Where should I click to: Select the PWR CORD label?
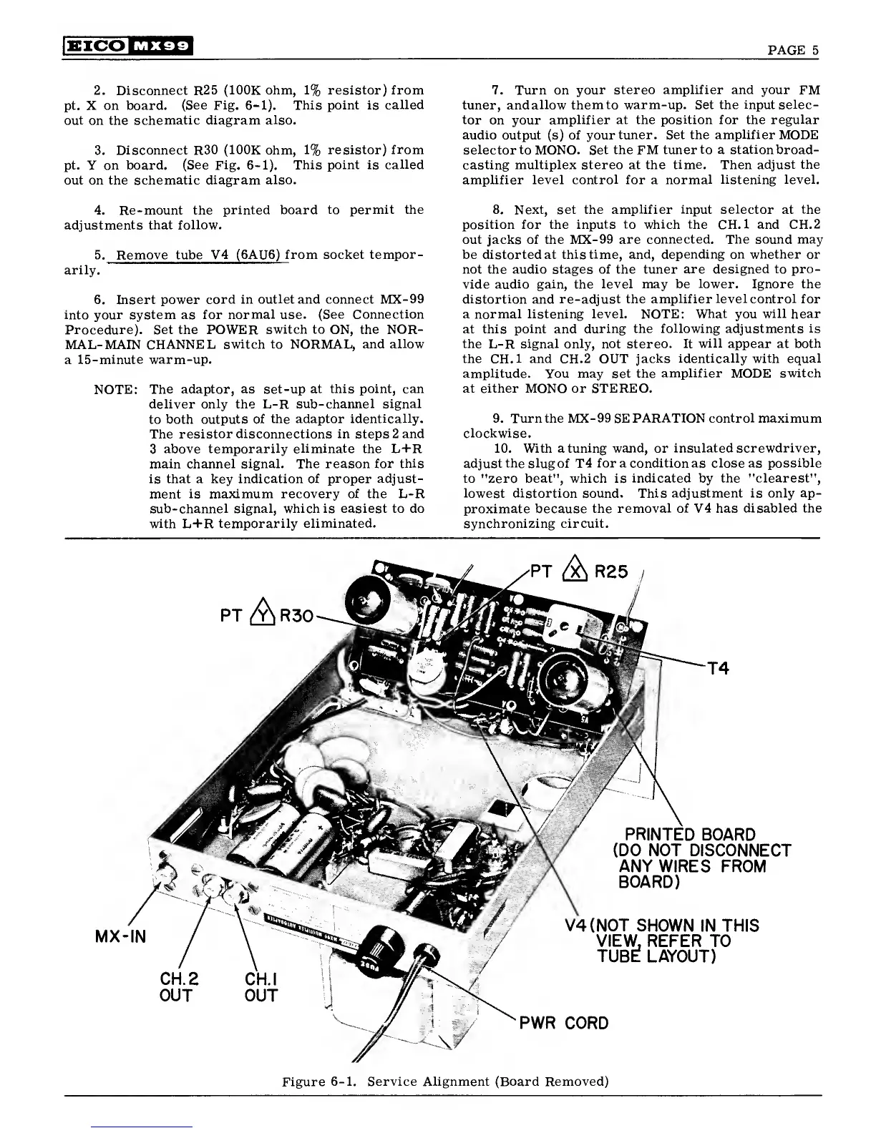click(563, 1023)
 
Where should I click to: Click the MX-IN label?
click(120, 936)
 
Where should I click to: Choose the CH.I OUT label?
click(261, 986)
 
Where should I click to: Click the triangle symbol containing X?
click(575, 572)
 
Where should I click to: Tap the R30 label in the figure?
click(294, 617)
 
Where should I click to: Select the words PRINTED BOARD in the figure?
click(690, 835)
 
